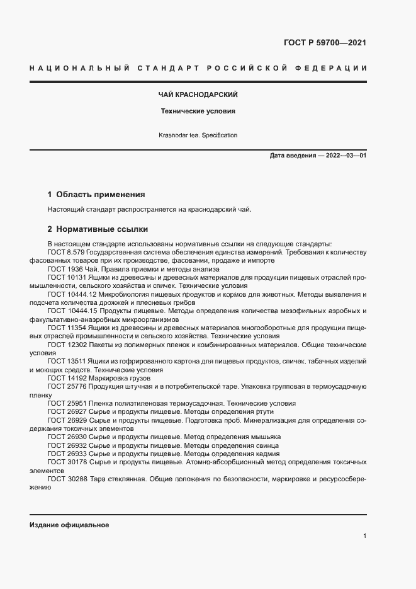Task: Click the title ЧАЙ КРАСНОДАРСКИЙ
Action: (197, 94)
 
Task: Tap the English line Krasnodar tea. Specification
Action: (198, 135)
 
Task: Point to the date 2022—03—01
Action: (346, 156)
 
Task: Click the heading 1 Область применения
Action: (96, 195)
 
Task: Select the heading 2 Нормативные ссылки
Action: (98, 229)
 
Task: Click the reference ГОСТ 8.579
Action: (67, 252)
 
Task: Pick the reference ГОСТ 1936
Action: (64, 268)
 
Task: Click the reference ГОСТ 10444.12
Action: (71, 294)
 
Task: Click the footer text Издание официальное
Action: (69, 525)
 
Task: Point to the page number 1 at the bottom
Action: (364, 535)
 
